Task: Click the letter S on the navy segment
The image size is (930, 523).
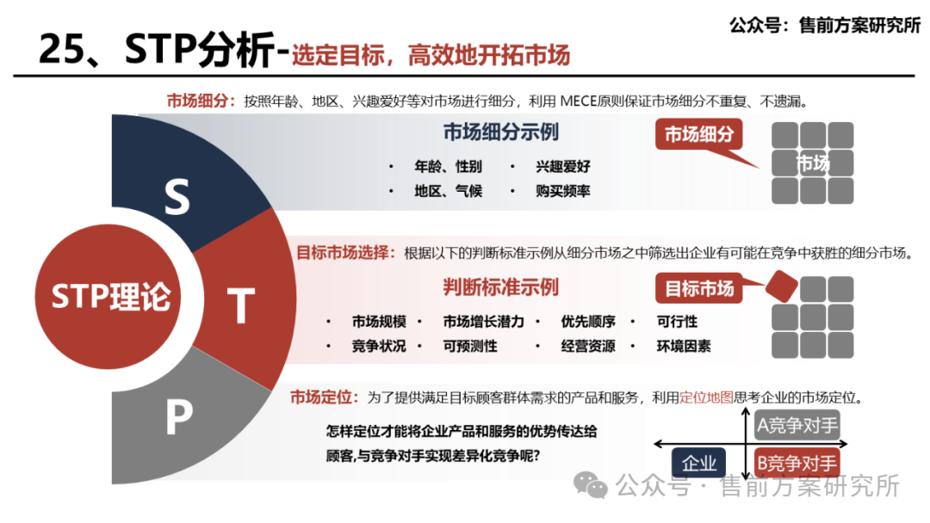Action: click(177, 198)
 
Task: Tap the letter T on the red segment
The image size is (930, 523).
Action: click(241, 305)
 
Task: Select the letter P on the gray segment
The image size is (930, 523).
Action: click(178, 419)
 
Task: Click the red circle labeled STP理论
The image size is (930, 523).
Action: click(110, 297)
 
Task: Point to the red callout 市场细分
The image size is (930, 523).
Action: click(699, 135)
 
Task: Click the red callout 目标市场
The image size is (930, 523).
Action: click(699, 289)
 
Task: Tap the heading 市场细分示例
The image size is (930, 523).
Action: click(500, 132)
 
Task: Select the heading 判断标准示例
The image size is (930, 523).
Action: click(500, 286)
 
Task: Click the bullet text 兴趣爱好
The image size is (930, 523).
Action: click(563, 167)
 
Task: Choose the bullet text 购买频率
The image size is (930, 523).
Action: click(563, 191)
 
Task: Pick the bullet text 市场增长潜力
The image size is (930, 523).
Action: click(483, 322)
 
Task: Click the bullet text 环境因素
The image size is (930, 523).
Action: click(684, 346)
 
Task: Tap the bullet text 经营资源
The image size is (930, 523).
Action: click(588, 346)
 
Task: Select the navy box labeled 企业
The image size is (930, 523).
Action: click(698, 464)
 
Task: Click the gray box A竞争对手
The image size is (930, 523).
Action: click(797, 425)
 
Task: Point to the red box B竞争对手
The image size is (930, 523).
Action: click(797, 464)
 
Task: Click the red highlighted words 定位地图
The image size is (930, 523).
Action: click(706, 397)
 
